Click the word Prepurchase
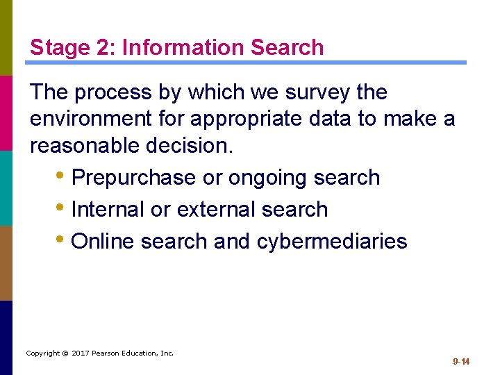pos(133,178)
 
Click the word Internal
pos(110,209)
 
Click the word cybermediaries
pos(332,241)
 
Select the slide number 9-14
pos(461,362)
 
